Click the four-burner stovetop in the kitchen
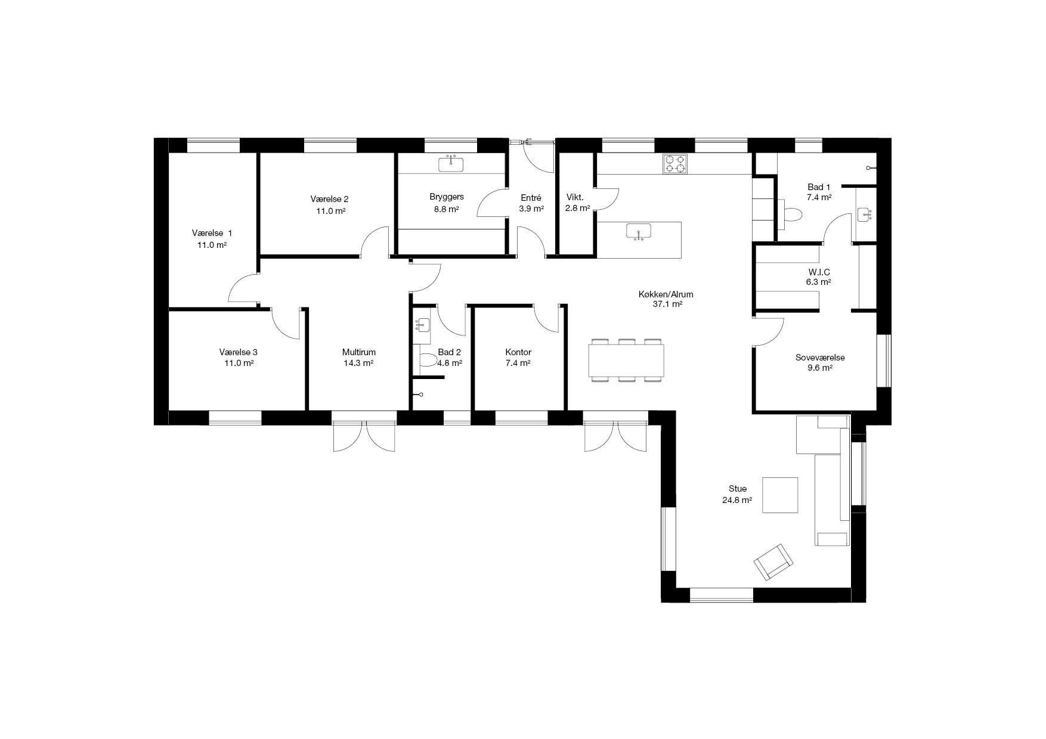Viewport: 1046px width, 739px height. point(675,164)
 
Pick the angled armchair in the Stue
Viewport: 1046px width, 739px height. point(773,561)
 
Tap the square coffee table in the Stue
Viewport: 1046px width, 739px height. point(780,495)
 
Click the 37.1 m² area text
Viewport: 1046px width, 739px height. point(668,304)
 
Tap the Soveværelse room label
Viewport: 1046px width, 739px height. point(820,358)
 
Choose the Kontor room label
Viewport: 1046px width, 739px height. point(518,352)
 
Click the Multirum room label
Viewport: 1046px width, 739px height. point(359,352)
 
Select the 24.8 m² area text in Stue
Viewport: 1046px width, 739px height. point(737,501)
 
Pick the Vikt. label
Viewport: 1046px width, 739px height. point(575,197)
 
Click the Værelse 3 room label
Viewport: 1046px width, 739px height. point(238,352)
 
